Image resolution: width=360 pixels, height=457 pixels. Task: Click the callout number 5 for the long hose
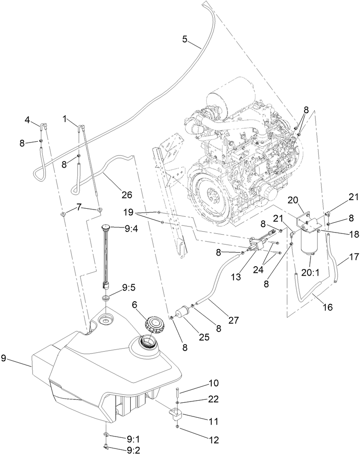tap(184, 39)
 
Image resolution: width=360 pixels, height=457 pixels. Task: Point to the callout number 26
tap(126, 195)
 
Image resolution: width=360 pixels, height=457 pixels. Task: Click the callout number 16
tap(328, 307)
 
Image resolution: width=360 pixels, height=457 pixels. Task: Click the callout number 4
tap(27, 121)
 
